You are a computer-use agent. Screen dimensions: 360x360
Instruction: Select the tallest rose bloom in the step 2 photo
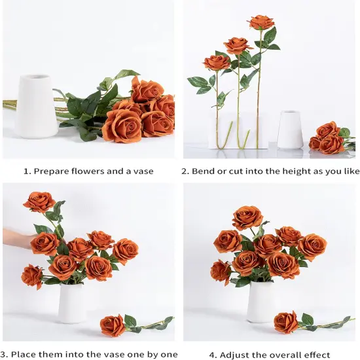[261, 22]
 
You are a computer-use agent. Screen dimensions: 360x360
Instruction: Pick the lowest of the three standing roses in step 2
[217, 63]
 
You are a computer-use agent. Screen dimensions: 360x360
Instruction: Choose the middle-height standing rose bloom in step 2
[238, 45]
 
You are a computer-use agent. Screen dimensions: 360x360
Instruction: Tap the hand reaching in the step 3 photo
[16, 238]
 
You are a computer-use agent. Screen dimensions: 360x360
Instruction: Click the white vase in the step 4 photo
[261, 301]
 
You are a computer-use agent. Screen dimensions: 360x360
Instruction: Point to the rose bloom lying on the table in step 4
[285, 322]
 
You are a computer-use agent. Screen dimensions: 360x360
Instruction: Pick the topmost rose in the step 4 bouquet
[247, 217]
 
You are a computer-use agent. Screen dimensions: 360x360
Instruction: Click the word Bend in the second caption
[205, 171]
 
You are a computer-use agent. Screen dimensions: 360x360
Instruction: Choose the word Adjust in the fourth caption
[237, 355]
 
